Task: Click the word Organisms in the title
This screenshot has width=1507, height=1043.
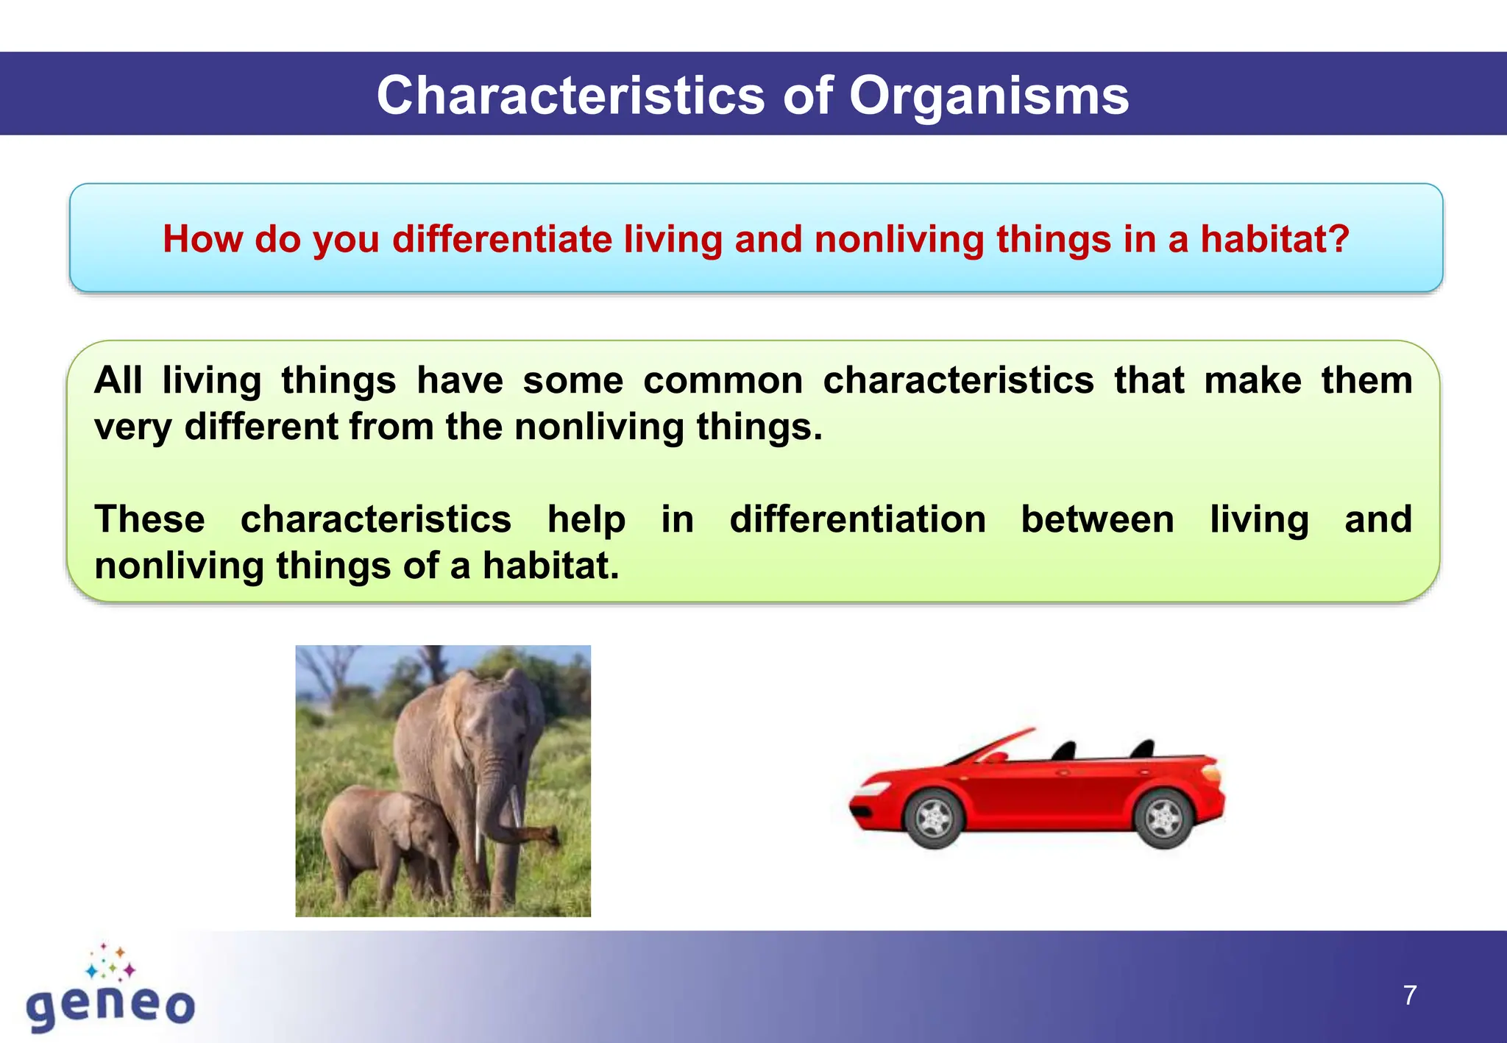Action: coord(988,96)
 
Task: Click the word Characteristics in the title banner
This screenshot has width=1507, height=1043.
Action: coord(571,96)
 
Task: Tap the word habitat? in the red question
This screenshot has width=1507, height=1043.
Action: coord(1275,239)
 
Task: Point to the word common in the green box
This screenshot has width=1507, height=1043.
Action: coord(723,381)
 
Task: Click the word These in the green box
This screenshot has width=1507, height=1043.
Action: coord(149,519)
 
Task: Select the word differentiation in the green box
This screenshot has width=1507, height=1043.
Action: coord(857,519)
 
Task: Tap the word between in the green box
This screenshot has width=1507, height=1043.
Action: coord(1097,519)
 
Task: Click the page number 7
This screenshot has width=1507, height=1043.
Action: coord(1409,995)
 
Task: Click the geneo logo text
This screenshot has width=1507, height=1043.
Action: coord(110,1006)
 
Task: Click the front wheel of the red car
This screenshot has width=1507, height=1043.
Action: coord(935,818)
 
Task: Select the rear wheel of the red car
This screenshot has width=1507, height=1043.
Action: coord(1164,818)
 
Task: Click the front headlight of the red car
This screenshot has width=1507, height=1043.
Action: coord(870,790)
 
